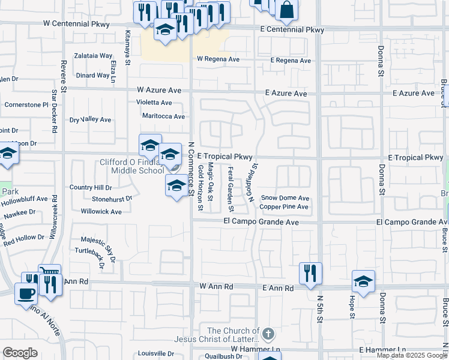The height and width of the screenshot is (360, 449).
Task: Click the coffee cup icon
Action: click(25, 293)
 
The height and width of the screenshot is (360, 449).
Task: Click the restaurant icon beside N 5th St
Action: click(310, 274)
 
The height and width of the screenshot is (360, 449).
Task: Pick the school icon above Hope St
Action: click(363, 281)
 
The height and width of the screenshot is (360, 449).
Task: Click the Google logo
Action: click(20, 353)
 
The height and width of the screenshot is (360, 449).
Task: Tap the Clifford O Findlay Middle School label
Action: click(131, 166)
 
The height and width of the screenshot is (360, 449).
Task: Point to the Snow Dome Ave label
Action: click(285, 197)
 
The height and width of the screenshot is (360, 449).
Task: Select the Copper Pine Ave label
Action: click(284, 207)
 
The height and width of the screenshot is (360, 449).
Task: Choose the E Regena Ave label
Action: click(291, 61)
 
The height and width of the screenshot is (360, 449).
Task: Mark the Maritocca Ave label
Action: click(160, 116)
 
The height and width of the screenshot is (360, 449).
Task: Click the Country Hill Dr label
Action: click(91, 187)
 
